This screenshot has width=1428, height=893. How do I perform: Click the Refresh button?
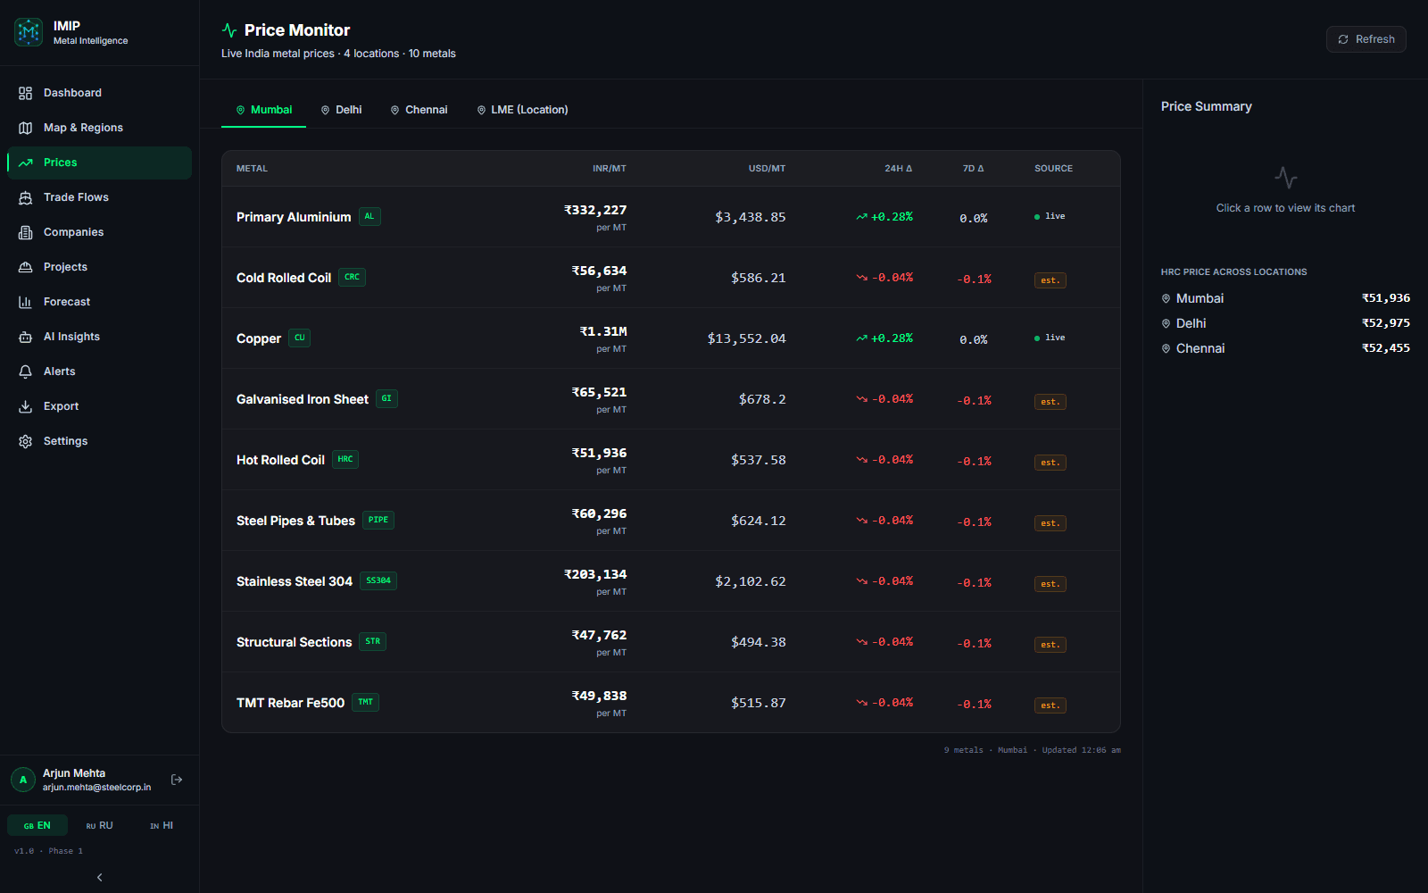[1366, 39]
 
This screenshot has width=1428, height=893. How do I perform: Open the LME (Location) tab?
[522, 110]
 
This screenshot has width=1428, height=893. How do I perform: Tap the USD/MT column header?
[767, 169]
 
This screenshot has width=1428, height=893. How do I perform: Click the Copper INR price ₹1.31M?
[603, 331]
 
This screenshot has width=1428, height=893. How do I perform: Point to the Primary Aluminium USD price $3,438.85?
[751, 218]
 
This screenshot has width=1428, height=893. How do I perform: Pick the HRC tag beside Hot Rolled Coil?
[345, 459]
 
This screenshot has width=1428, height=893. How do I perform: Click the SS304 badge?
[378, 580]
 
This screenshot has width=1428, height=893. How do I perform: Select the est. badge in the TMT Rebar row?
[1050, 705]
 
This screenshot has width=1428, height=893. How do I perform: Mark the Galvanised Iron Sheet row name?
[303, 399]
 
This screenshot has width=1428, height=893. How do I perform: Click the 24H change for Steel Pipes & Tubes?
[884, 521]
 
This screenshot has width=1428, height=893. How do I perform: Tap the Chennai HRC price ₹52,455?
[1385, 348]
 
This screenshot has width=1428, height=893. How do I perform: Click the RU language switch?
[99, 825]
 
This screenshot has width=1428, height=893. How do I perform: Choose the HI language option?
[162, 825]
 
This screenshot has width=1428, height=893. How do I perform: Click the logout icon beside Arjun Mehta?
[177, 780]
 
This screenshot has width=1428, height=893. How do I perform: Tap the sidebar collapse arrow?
[99, 878]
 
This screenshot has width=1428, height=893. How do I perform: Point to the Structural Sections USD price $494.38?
[758, 642]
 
